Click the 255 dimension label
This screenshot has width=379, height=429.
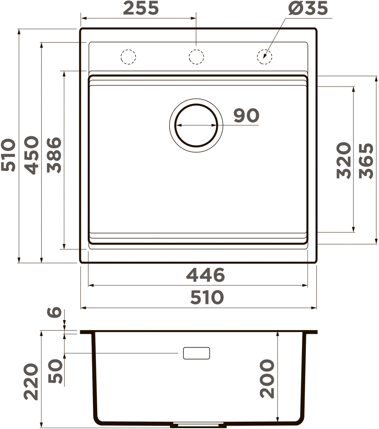click(x=141, y=8)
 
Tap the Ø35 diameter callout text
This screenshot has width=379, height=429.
click(x=308, y=8)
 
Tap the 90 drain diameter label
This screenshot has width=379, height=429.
click(x=246, y=115)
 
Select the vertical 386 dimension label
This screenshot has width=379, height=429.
click(x=54, y=155)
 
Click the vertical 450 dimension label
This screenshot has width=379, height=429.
click(x=32, y=155)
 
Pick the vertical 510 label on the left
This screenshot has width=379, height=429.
click(x=8, y=155)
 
